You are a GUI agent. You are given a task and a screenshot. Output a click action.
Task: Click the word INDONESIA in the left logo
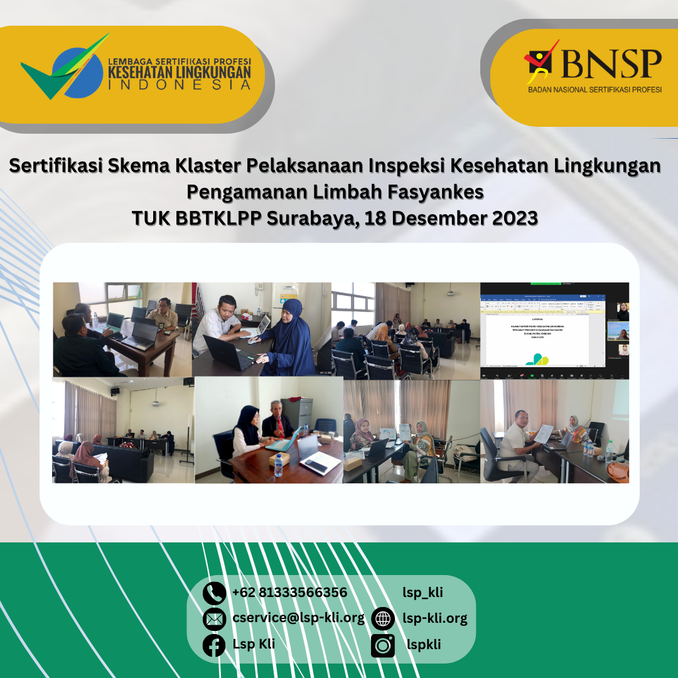click(180, 85)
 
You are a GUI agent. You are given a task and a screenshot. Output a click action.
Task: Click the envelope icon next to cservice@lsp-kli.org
click(214, 619)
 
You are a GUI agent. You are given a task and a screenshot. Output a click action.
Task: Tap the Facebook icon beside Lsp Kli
click(214, 645)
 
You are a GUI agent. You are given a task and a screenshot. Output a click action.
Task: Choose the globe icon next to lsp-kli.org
click(383, 619)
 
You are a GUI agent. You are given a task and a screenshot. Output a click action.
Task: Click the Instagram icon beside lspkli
click(383, 645)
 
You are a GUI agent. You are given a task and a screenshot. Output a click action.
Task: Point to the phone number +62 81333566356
click(289, 593)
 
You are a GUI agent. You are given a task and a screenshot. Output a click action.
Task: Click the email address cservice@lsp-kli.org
click(298, 618)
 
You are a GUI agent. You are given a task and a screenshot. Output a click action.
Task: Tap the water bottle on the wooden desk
click(278, 465)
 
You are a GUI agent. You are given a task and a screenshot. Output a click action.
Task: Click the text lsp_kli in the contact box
click(422, 592)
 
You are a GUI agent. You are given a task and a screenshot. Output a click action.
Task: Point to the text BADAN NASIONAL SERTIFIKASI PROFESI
click(595, 90)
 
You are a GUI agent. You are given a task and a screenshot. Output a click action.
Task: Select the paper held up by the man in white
click(543, 433)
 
